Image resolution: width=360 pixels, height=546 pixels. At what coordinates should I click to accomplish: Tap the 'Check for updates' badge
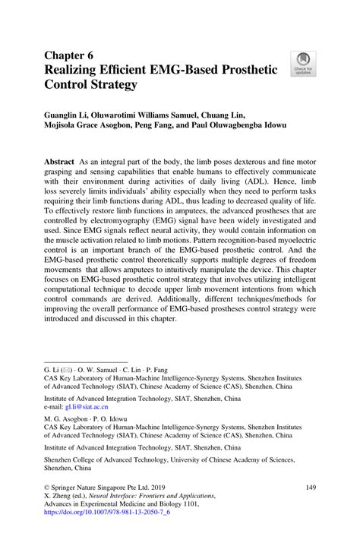click(x=305, y=64)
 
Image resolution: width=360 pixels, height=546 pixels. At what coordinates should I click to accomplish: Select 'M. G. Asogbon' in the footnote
click(x=69, y=440)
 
